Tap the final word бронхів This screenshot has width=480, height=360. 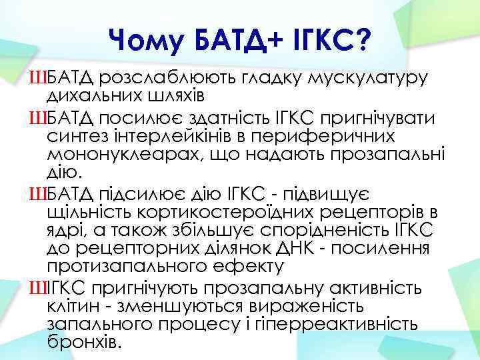click(86, 343)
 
